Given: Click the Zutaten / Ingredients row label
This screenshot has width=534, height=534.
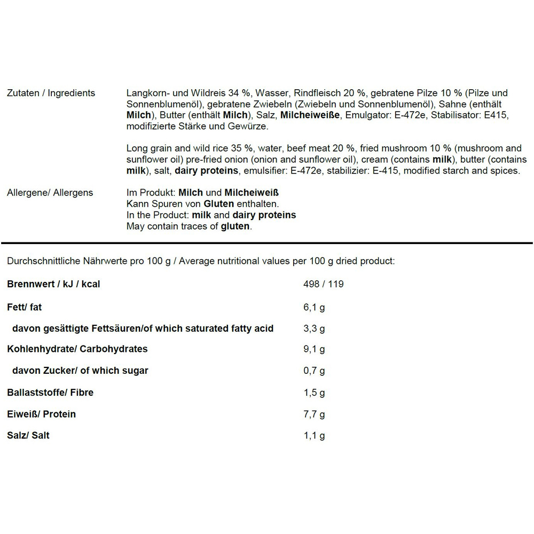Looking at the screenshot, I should tap(51, 93).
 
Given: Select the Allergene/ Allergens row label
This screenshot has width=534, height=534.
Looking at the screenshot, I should tap(50, 193).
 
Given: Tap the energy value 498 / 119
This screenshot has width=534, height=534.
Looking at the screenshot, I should tap(323, 284).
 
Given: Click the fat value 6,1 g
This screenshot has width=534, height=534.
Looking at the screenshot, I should tap(314, 308).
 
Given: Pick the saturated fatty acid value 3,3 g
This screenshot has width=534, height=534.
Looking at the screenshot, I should tap(314, 328).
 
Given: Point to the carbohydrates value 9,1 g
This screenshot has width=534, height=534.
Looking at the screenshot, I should tap(314, 349).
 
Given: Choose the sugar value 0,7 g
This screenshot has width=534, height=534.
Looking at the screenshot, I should tap(314, 371).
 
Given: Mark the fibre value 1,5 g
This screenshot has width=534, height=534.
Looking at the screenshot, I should tap(314, 392).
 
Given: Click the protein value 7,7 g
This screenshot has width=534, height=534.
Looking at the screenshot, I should tap(314, 414).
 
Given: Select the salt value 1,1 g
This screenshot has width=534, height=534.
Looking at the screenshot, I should tap(314, 436).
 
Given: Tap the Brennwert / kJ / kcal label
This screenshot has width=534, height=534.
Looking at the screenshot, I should tap(53, 284).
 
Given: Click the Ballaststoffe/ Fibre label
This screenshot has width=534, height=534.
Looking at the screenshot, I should tap(50, 392).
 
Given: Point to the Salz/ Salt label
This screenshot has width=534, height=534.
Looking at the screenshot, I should tap(28, 436).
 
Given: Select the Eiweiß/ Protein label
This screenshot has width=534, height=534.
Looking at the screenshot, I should tap(41, 414).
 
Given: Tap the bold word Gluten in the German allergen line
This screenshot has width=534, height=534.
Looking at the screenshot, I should tap(219, 204).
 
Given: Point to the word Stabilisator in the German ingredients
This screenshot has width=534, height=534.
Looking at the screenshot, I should tap(456, 115).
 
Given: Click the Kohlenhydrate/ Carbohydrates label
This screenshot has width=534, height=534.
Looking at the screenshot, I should tap(77, 349).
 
